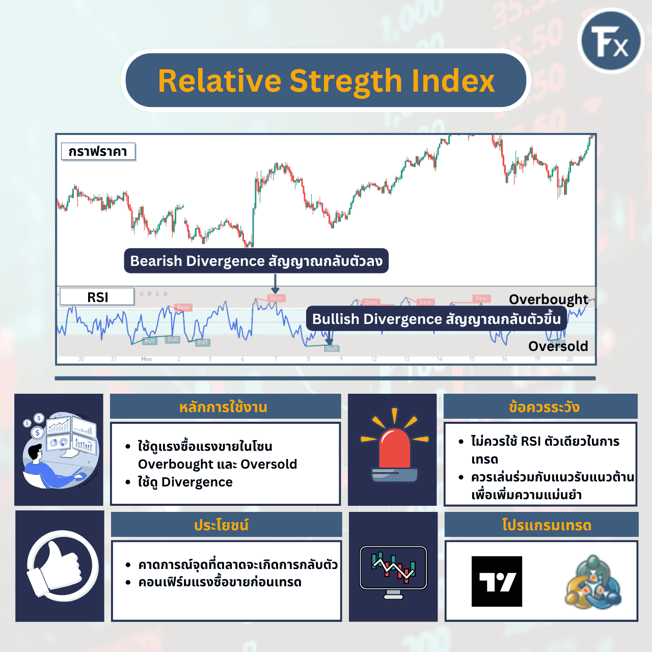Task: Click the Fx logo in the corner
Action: pos(611,41)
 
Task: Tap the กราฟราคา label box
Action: pos(98,151)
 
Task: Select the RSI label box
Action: pos(97,297)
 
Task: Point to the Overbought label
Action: pos(548,299)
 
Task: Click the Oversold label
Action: pos(558,346)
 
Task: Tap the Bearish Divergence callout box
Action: pos(256,261)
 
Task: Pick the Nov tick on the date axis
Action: pos(146,359)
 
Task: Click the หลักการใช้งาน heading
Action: pos(223,407)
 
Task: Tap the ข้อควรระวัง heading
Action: pos(544,407)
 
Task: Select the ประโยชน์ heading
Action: pos(221,525)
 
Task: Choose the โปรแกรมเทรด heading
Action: pos(547,525)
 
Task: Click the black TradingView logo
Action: pos(497,581)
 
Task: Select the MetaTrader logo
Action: pos(592,582)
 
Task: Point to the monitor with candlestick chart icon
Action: pos(393,571)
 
